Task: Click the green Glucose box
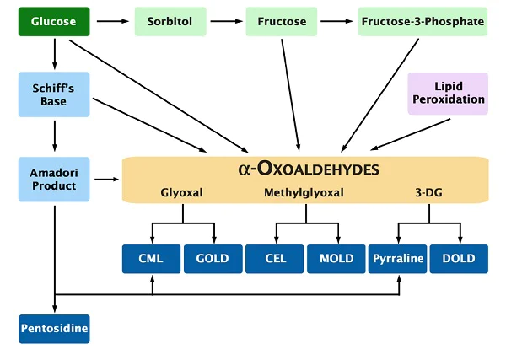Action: point(54,20)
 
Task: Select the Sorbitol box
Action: point(170,20)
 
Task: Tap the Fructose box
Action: point(281,20)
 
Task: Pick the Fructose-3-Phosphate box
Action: point(423,20)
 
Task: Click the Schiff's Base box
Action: point(54,93)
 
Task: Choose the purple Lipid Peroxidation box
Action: point(448,93)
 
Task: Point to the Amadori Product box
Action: point(54,178)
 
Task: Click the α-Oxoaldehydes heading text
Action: point(308,169)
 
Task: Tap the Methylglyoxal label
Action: point(304,193)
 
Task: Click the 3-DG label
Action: point(429,193)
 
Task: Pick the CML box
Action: point(152,258)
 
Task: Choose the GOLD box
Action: point(212,258)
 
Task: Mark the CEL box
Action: point(275,258)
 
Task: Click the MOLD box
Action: point(336,258)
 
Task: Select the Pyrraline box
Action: point(397,258)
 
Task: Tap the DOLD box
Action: point(460,258)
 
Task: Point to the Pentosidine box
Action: point(54,328)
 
